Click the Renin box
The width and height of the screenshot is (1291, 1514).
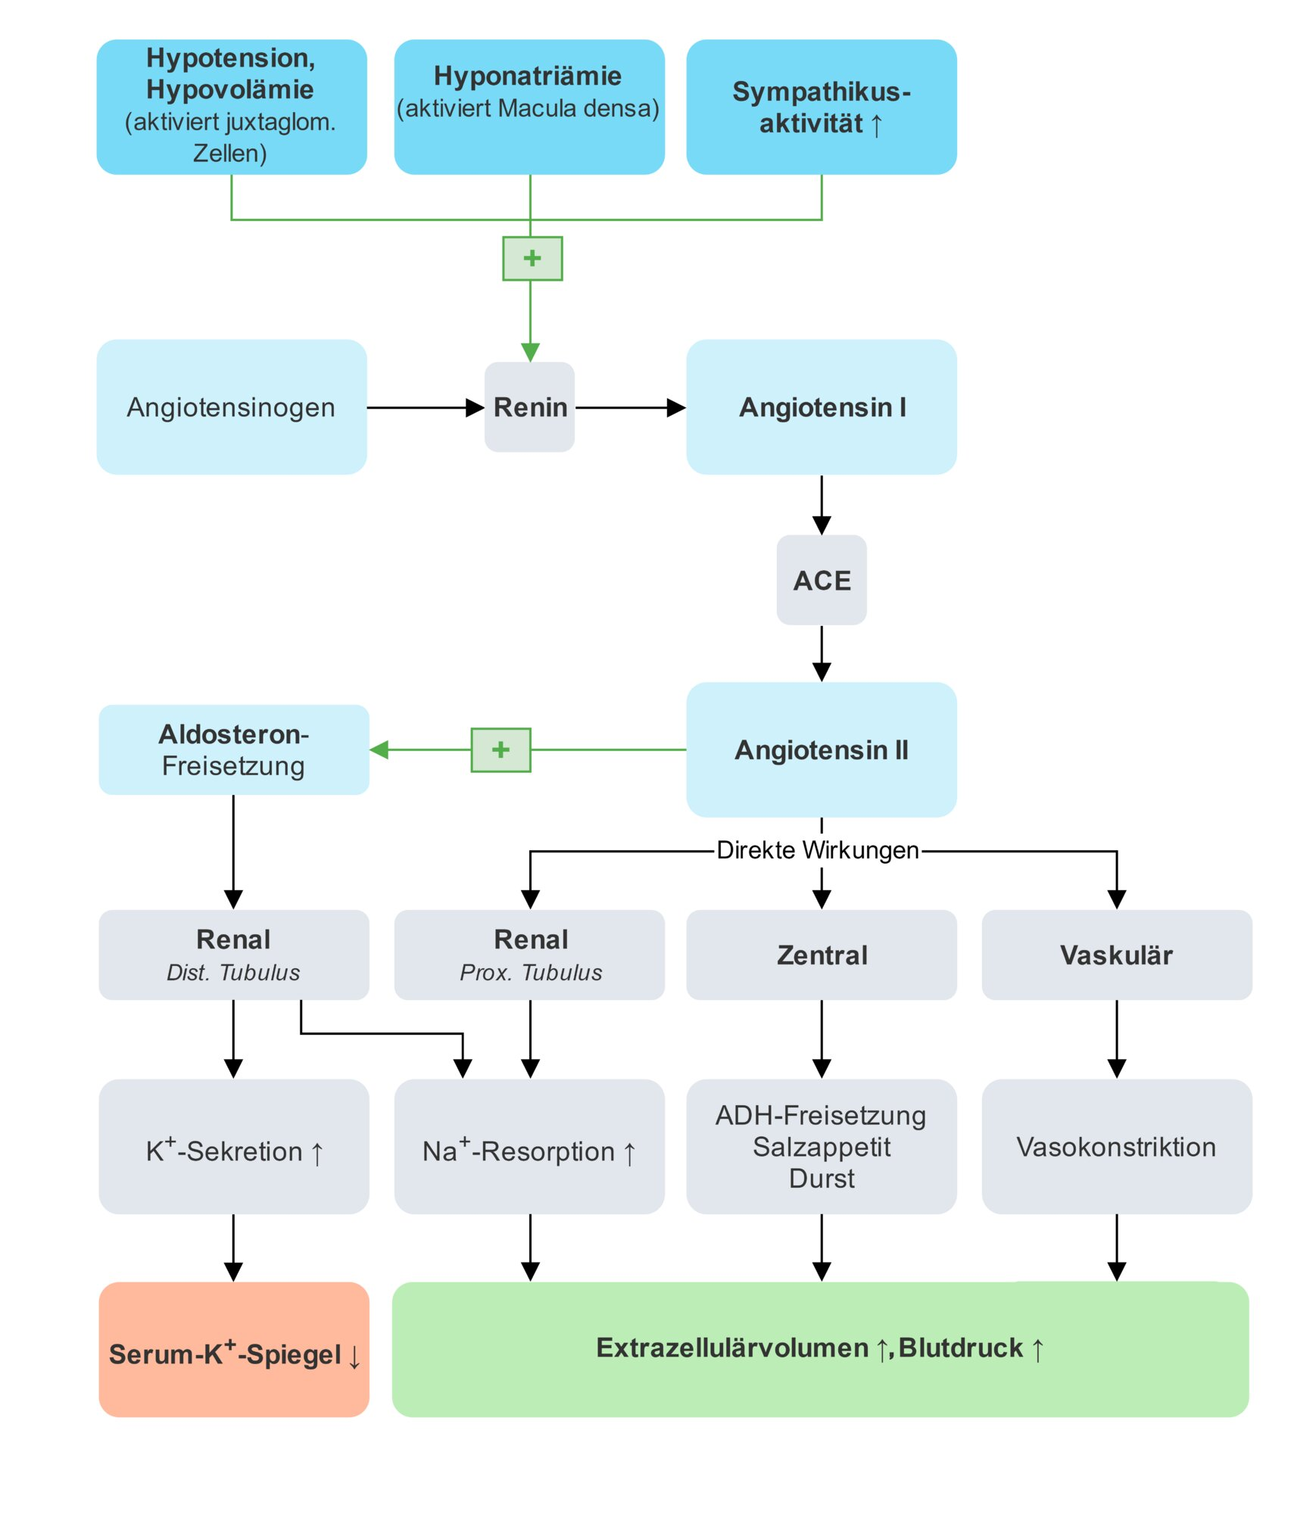[x=529, y=407]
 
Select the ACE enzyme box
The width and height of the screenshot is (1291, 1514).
[x=822, y=580]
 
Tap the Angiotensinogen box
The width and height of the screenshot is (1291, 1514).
[x=231, y=407]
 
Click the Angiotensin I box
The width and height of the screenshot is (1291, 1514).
[x=822, y=407]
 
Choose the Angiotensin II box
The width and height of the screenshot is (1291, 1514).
[x=822, y=749]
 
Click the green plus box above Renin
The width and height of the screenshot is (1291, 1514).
[x=532, y=258]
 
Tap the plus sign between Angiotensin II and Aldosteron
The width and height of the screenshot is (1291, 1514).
[x=500, y=749]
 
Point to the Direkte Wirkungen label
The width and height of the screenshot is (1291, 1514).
[x=818, y=850]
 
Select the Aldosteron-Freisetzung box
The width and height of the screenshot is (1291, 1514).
[x=233, y=749]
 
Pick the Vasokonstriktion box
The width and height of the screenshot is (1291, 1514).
[x=1116, y=1146]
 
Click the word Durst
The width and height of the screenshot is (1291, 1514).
[x=822, y=1179]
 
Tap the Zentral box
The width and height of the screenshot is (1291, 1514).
[x=822, y=955]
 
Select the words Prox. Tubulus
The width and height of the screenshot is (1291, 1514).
[x=531, y=973]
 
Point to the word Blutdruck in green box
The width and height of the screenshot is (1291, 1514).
[x=960, y=1348]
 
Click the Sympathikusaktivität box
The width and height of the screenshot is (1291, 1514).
[x=822, y=107]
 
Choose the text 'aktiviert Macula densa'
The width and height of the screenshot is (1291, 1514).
[x=529, y=108]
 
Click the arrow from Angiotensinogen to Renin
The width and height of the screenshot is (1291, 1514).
[x=424, y=408]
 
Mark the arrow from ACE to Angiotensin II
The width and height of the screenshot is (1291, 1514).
[x=822, y=653]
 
